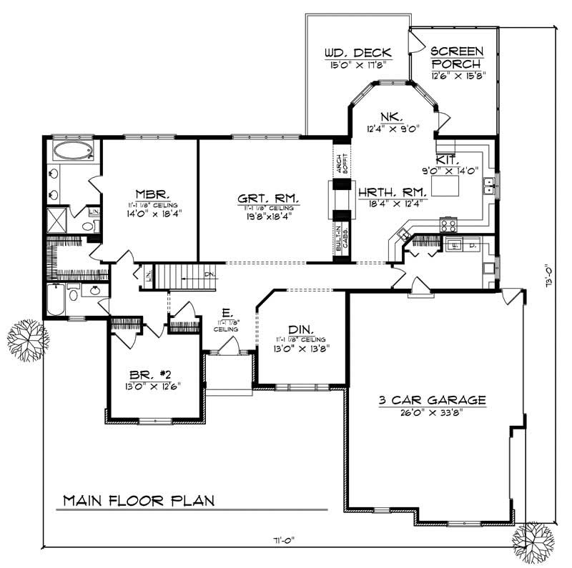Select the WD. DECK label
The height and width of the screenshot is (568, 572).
tap(357, 52)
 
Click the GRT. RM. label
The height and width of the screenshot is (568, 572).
tap(267, 196)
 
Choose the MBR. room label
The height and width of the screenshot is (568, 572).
tap(152, 194)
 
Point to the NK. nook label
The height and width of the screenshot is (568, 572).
tap(391, 117)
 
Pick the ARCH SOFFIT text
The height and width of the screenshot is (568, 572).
tap(341, 163)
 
